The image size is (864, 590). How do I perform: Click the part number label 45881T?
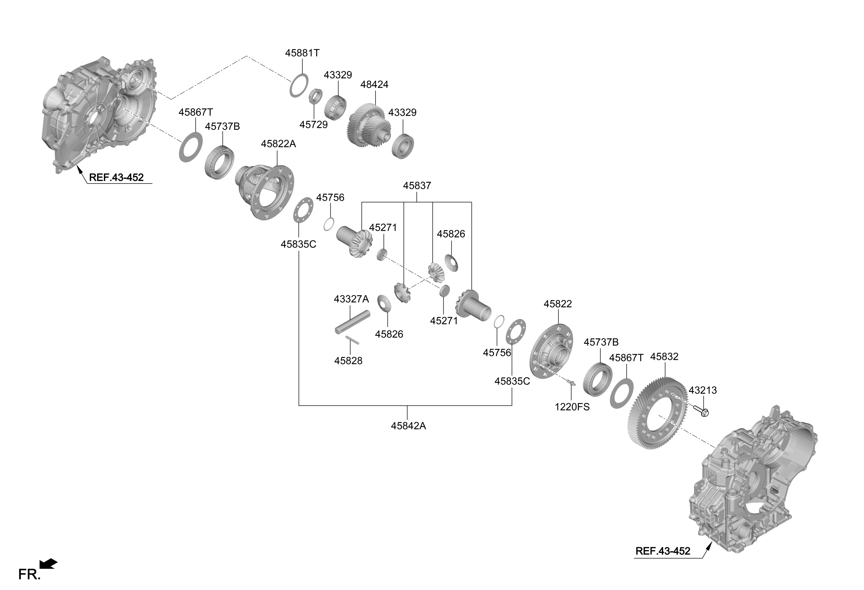tap(302, 53)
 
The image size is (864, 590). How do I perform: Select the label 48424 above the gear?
tap(374, 85)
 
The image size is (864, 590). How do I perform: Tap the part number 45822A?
tap(278, 144)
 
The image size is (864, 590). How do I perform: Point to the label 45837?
tap(417, 186)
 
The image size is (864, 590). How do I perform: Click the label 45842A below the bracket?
tap(408, 426)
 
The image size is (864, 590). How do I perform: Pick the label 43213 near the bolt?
tap(702, 391)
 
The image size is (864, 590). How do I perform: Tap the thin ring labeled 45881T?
tap(299, 85)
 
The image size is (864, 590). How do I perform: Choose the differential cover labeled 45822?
tap(551, 351)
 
